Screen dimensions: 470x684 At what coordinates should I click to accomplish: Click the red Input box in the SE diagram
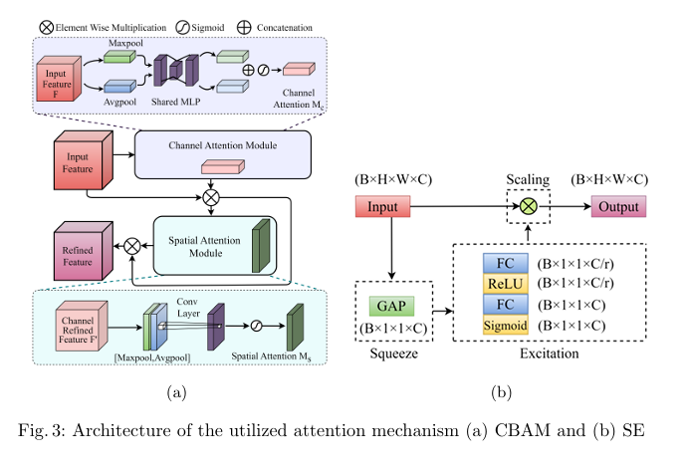click(x=382, y=207)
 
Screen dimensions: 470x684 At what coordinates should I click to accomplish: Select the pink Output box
click(x=619, y=207)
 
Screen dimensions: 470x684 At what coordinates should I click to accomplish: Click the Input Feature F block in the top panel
click(x=62, y=81)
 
